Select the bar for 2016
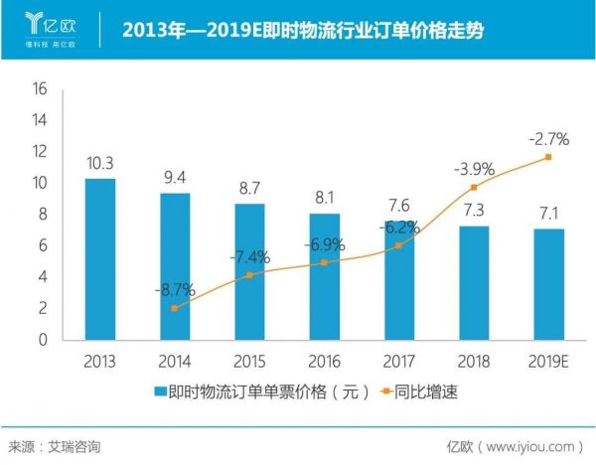coord(324,276)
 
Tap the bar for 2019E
coord(547,284)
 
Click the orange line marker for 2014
coord(175,308)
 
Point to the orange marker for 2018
coord(474,187)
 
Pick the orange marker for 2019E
coord(547,157)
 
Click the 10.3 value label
coord(99,164)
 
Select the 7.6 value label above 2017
coord(398,206)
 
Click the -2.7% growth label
coord(547,137)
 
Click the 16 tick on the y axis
coord(41,88)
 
